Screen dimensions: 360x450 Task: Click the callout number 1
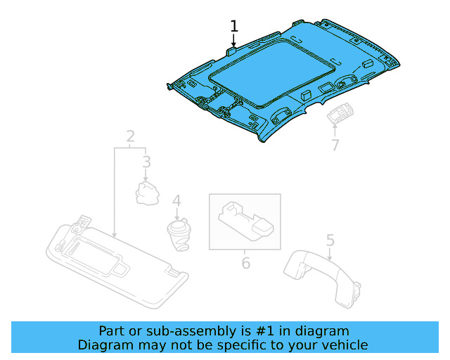tap(234, 27)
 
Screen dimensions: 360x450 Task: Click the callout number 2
tap(130, 136)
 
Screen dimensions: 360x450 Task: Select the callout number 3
tap(146, 163)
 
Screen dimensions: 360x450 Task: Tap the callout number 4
tap(176, 201)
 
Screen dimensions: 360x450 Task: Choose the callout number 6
tap(245, 263)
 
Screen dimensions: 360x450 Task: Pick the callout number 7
tap(335, 146)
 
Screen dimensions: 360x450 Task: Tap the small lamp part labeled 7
tap(341, 115)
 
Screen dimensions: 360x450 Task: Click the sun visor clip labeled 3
tap(147, 192)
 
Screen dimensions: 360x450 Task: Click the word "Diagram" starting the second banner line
tap(103, 345)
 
